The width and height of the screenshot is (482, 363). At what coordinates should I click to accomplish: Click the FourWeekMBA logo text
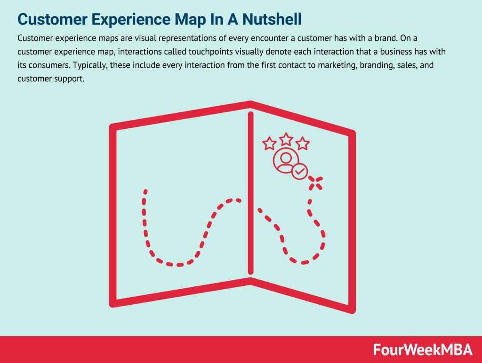(x=422, y=349)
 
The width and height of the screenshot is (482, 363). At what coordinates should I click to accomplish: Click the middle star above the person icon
(x=286, y=140)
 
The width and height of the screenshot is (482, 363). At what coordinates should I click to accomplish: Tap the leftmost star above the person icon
(x=269, y=143)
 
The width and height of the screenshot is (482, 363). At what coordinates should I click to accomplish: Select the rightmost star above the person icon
(x=302, y=143)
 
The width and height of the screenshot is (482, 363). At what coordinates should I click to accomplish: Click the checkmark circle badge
(x=299, y=172)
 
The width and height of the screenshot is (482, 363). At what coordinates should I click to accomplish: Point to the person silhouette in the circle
(x=284, y=160)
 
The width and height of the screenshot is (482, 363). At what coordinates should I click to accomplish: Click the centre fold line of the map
(x=250, y=193)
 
